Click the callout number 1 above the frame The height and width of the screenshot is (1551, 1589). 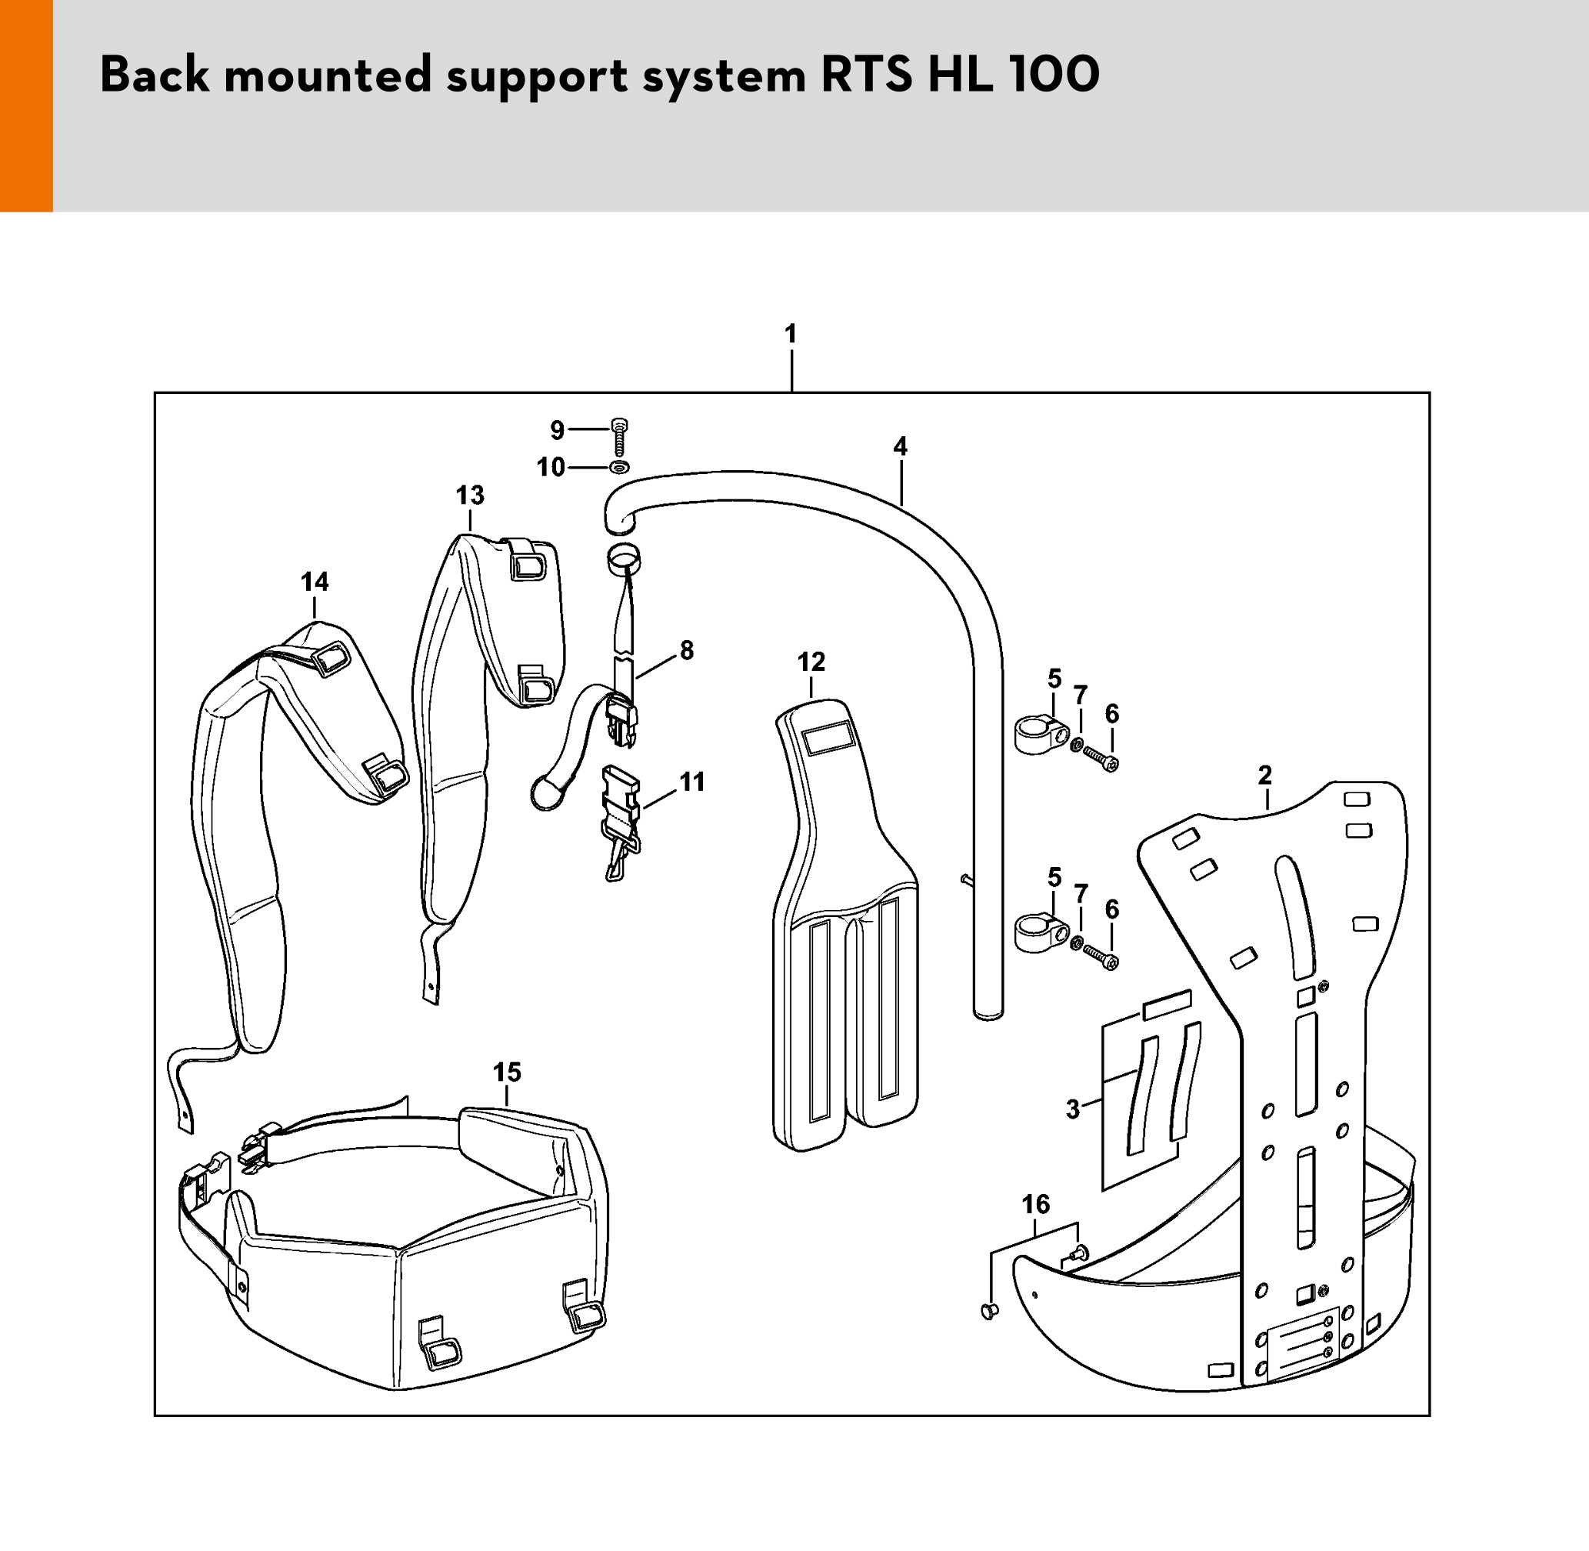click(790, 334)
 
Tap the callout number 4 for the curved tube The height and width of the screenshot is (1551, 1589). click(899, 446)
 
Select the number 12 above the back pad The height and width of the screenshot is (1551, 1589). click(811, 662)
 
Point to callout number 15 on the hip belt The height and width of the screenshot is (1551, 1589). click(507, 1072)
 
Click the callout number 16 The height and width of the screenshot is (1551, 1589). click(1035, 1204)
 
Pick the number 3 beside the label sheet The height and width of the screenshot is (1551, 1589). click(1073, 1109)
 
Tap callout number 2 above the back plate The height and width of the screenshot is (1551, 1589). click(1265, 775)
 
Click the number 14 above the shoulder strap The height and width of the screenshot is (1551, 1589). click(315, 582)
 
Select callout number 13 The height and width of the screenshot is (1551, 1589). click(470, 495)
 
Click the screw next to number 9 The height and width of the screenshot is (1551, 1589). click(620, 439)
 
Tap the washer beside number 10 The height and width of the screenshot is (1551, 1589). click(619, 467)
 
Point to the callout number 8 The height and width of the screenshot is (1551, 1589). click(687, 650)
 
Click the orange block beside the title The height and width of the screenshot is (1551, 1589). click(26, 106)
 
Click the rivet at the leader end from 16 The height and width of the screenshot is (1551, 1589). click(990, 1311)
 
